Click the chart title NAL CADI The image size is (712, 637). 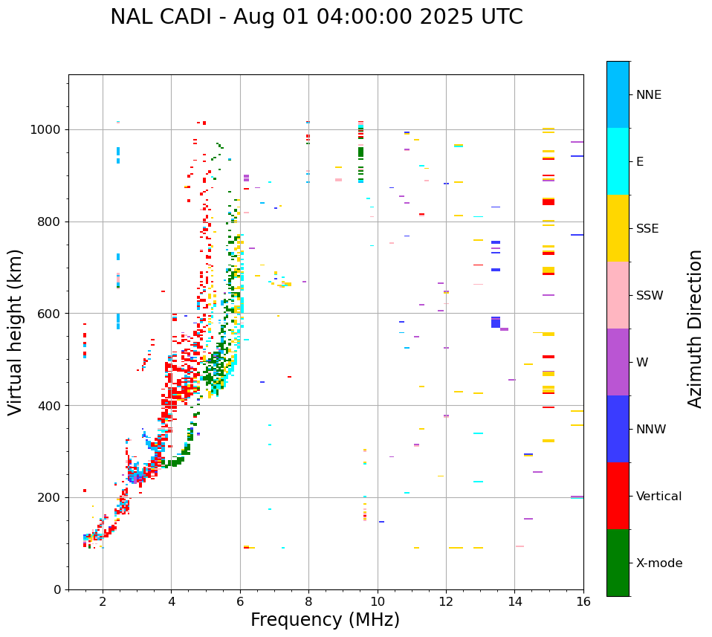pos(316,17)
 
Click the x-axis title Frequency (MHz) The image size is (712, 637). pos(325,620)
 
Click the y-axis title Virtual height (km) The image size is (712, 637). pos(16,332)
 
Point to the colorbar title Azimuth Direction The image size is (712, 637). pos(695,329)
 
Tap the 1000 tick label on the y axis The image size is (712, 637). pos(46,129)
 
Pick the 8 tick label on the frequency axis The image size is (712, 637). pos(308,602)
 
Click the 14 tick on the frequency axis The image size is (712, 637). pos(515,602)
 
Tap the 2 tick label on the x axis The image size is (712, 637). pos(103,602)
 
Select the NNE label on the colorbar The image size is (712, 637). pos(648,95)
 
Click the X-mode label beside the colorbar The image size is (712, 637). pos(659,563)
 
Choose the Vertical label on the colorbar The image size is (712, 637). pos(658,497)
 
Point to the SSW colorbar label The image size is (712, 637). pos(650,296)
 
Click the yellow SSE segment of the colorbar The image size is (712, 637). pos(618,228)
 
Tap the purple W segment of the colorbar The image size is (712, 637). pos(618,362)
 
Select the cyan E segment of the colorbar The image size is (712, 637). pos(618,161)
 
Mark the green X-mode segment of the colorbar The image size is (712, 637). pos(618,563)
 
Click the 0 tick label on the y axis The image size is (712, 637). pos(57,589)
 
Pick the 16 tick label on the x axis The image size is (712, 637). pos(583,602)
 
